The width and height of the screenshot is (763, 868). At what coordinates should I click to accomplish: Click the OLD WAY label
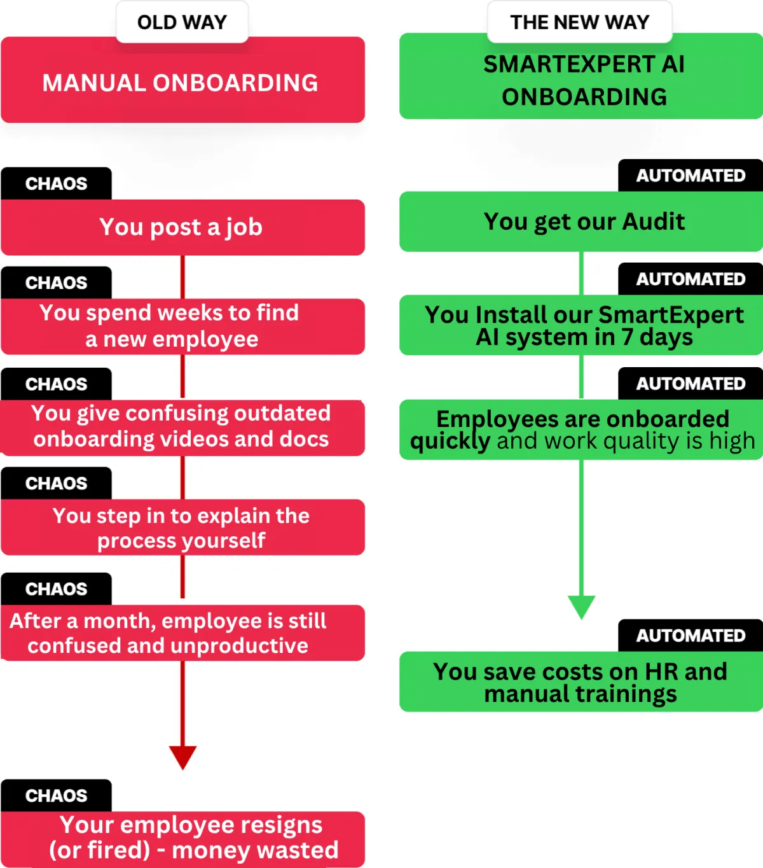[x=182, y=22]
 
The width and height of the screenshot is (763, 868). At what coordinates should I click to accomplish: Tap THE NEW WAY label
[x=579, y=22]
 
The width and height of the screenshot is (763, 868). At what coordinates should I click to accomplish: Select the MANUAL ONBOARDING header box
[x=182, y=83]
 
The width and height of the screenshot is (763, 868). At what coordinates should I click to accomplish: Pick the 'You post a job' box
[x=182, y=227]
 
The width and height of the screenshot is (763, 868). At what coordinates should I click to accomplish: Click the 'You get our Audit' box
[x=581, y=221]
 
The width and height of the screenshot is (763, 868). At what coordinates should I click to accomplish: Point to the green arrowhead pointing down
[x=581, y=606]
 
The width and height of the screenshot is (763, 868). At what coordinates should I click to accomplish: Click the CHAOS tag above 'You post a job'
[x=56, y=183]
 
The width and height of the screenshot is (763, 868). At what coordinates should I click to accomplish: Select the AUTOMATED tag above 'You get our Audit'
[x=691, y=176]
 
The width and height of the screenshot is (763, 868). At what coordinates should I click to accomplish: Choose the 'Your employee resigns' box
[x=182, y=838]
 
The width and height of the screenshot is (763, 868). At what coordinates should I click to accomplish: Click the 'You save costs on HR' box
[x=581, y=682]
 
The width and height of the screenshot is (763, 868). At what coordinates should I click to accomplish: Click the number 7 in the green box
[x=627, y=337]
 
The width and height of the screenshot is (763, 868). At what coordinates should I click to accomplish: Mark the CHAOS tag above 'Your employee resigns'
[x=56, y=795]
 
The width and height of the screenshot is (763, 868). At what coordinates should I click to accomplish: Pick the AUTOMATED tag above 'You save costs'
[x=691, y=635]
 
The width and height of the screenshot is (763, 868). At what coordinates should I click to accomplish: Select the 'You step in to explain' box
[x=182, y=528]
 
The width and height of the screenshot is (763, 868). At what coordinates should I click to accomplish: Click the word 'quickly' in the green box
[x=450, y=441]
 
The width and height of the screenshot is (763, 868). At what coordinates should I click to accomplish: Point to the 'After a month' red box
[x=182, y=633]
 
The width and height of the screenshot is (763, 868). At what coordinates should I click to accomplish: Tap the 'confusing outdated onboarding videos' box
[x=182, y=427]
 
